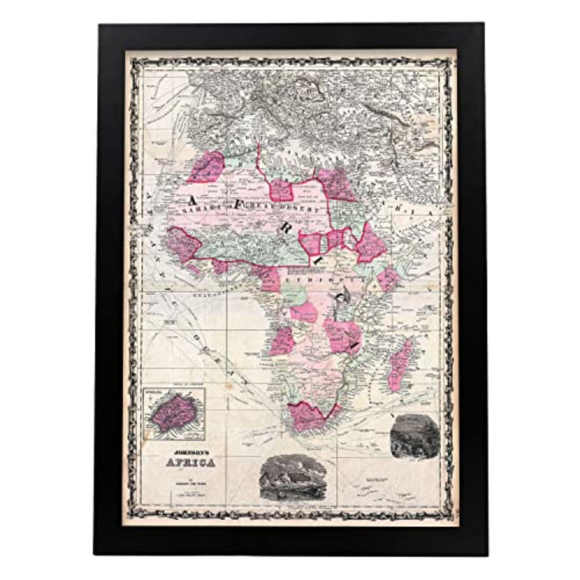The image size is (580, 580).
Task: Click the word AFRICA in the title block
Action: (x=191, y=463)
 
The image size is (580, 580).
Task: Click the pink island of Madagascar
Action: (x=400, y=364)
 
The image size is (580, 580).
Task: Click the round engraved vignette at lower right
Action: (x=415, y=436)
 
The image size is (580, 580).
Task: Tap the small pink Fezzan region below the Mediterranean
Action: (x=282, y=189)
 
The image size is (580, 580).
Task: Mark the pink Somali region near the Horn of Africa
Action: (x=389, y=278)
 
